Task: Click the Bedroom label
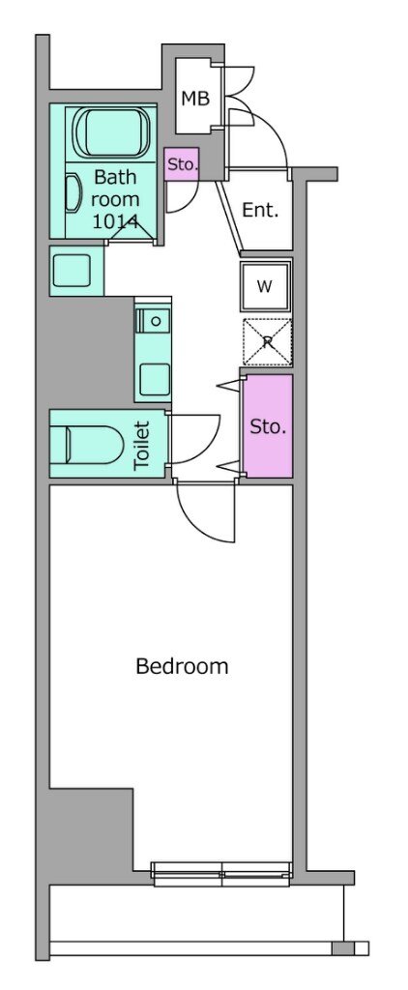(x=182, y=666)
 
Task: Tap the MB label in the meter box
(x=195, y=99)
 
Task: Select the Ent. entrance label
(x=260, y=210)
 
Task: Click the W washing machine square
(x=265, y=286)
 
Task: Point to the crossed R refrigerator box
(x=268, y=342)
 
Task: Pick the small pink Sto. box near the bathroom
(x=182, y=164)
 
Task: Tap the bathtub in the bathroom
(x=112, y=131)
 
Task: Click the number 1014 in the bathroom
(x=116, y=221)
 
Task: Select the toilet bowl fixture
(x=88, y=444)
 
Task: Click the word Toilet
(x=142, y=445)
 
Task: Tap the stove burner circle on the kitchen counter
(x=156, y=321)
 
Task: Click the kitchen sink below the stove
(x=154, y=379)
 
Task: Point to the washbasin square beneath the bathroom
(x=73, y=271)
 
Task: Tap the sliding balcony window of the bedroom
(x=221, y=874)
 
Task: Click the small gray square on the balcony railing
(x=341, y=948)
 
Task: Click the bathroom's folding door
(x=131, y=233)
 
